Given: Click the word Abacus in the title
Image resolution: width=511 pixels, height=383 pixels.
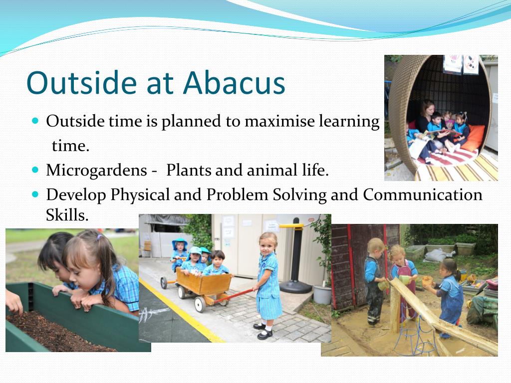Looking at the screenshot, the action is pos(234,82).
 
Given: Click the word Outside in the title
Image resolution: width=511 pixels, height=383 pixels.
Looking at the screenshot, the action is pos(81,82).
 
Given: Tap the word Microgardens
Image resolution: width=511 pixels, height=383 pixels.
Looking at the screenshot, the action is pos(96,171).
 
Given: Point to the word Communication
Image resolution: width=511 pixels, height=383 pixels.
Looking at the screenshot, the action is pos(422,195).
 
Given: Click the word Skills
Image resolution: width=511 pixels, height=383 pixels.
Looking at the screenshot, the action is pos(67,215).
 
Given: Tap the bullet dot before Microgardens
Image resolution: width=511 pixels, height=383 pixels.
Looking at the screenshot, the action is pos(35,170).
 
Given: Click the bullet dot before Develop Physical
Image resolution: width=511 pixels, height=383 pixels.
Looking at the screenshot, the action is pos(35,194).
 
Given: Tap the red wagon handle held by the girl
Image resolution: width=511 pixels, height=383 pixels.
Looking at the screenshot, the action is pos(234,295).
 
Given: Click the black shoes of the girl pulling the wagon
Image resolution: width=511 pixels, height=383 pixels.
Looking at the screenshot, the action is pos(263,331).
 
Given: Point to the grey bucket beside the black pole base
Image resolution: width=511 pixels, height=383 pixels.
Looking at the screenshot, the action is pos(322,295).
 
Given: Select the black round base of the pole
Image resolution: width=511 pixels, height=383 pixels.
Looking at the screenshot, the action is pos(295,287).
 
